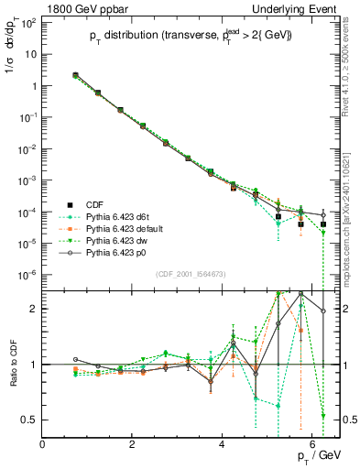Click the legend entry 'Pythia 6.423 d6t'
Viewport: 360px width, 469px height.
click(118, 215)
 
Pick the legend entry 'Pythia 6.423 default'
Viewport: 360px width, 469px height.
click(125, 226)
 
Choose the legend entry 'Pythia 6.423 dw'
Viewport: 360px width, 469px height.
click(117, 237)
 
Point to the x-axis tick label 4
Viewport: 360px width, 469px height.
click(223, 445)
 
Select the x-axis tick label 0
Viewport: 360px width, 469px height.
click(43, 445)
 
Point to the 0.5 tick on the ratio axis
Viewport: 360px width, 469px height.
click(30, 420)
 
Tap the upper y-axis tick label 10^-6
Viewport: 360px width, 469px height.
click(27, 275)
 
